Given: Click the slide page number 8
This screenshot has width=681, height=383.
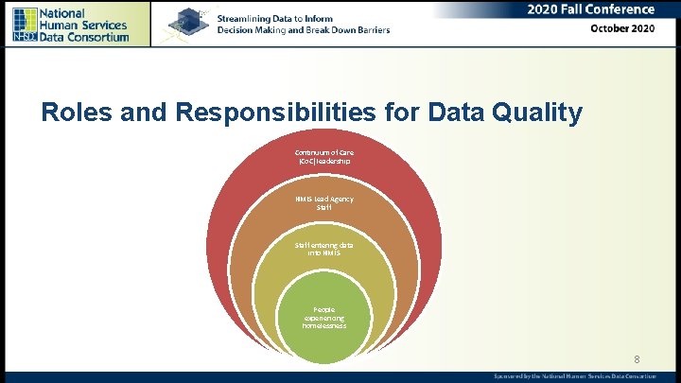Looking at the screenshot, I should (x=637, y=359).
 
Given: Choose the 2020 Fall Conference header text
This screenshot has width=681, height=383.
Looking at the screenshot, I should (x=592, y=9).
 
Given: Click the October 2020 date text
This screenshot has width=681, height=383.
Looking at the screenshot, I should (x=621, y=29).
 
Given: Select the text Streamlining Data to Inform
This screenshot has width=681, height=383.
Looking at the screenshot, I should (x=276, y=18).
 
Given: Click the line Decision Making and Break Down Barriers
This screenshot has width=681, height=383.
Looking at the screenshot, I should (x=303, y=30).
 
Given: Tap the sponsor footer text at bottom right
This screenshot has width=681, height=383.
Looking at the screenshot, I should (x=574, y=376).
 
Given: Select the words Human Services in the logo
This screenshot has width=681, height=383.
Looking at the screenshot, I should (x=85, y=25).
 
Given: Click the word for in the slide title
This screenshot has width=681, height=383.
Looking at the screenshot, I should (x=397, y=113).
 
